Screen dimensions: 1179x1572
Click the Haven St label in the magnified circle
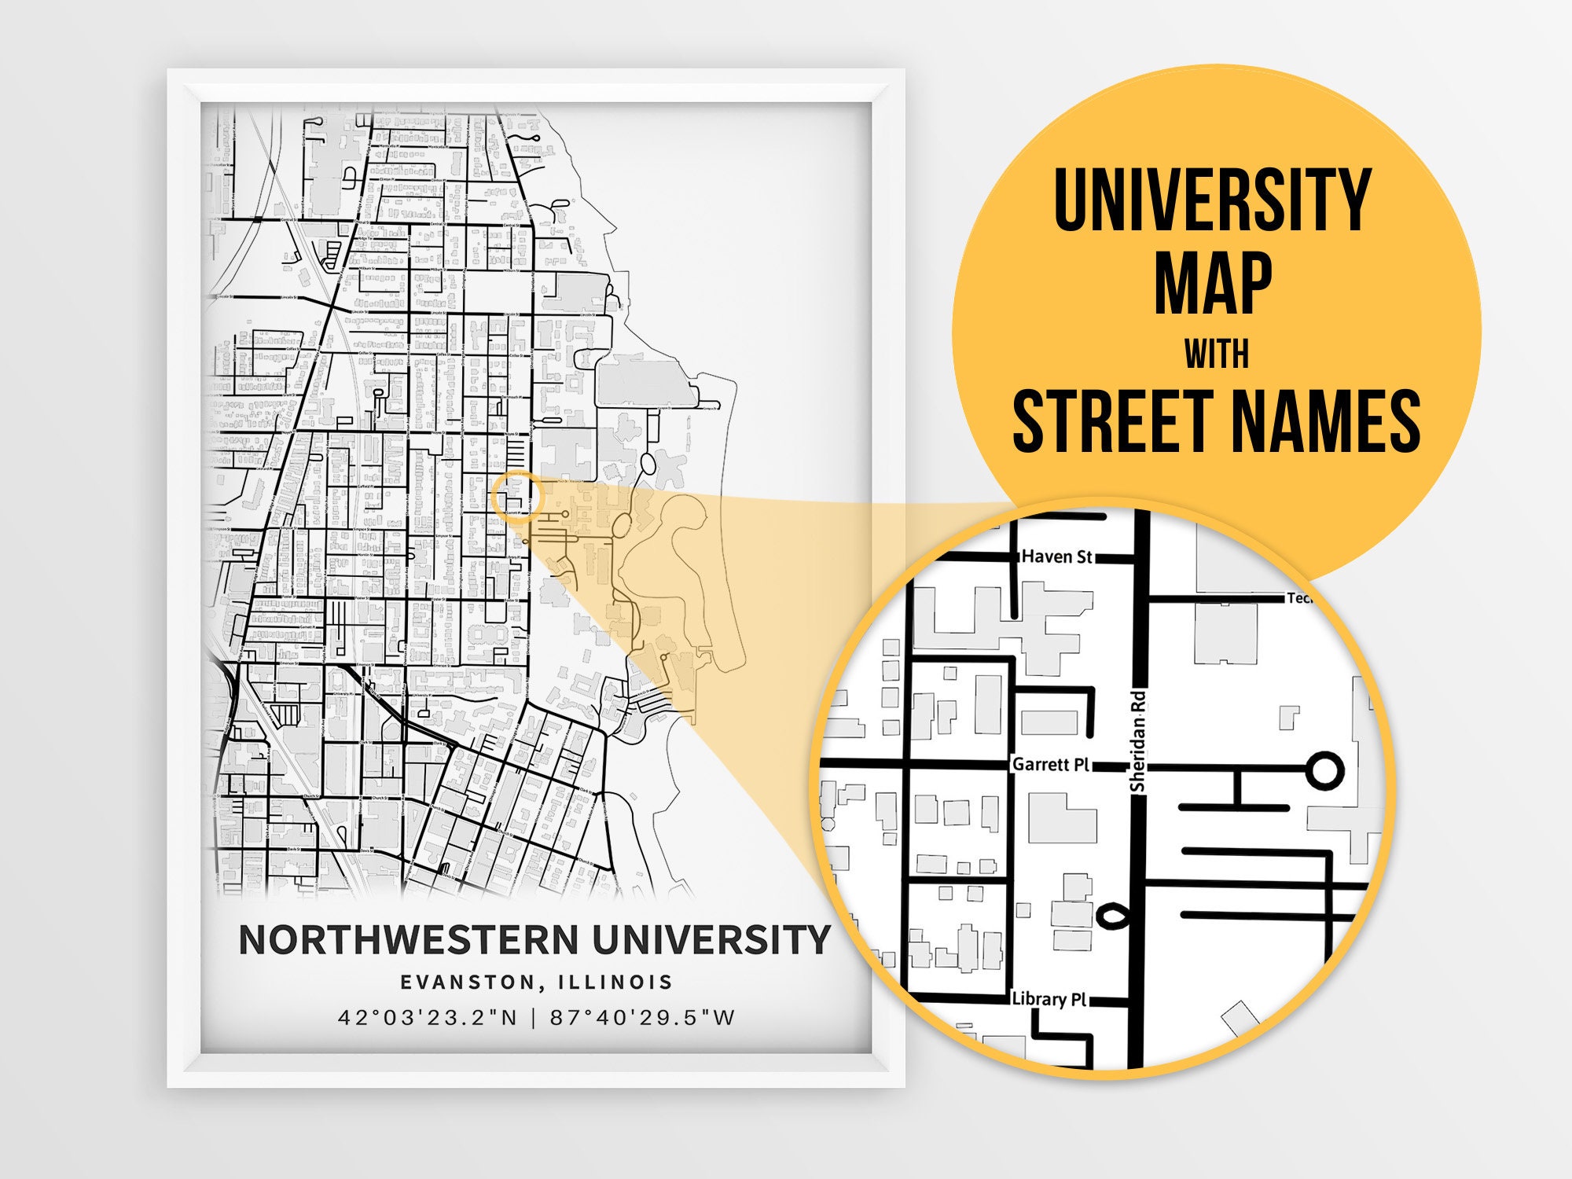point(1056,556)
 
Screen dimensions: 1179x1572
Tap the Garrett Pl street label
point(1050,764)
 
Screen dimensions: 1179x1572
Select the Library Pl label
point(1049,999)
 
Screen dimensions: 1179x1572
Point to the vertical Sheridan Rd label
point(1137,742)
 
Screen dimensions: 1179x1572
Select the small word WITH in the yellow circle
point(1216,354)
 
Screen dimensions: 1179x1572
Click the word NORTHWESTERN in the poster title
point(409,939)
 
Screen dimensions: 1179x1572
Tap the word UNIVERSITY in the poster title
point(711,939)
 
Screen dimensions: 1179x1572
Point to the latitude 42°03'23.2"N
point(428,1018)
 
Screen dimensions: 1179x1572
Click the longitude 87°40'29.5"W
point(642,1018)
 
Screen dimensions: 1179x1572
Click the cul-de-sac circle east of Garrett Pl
point(1324,769)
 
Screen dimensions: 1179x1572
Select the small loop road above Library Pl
point(1111,915)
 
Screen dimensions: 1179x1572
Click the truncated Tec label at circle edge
point(1298,598)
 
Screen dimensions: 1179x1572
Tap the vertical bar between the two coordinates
point(534,1018)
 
